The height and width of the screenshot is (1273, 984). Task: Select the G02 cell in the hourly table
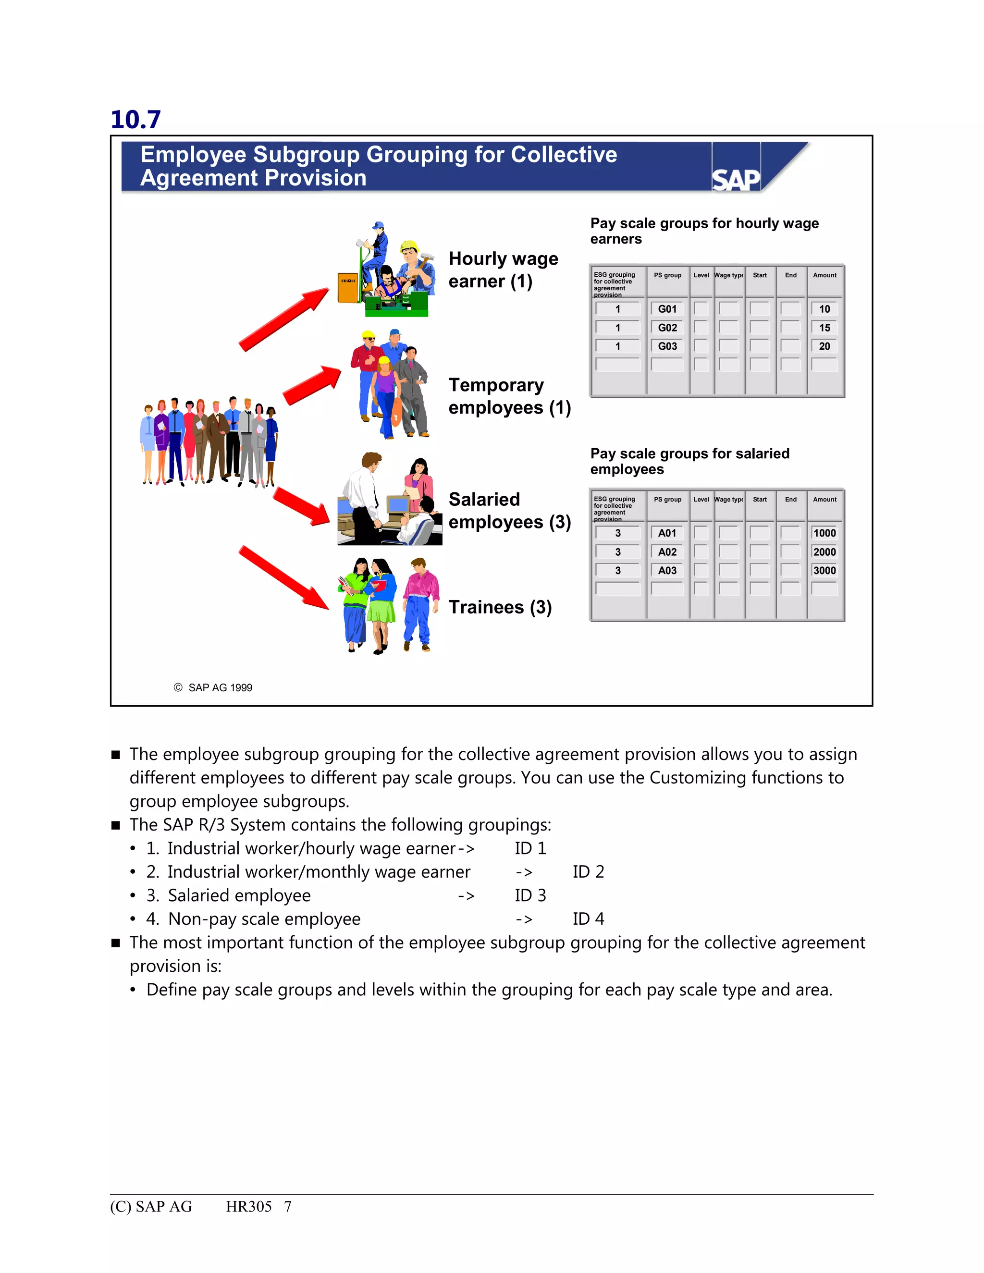pyautogui.click(x=667, y=328)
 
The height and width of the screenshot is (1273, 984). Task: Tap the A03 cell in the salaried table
pyautogui.click(x=667, y=571)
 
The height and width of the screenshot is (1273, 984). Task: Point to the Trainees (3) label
pyautogui.click(x=500, y=607)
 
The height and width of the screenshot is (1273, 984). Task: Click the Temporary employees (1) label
pyautogui.click(x=509, y=396)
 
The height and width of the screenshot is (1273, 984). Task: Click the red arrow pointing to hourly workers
pyautogui.click(x=284, y=319)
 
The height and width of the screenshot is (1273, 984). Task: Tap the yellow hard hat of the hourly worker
pyautogui.click(x=409, y=245)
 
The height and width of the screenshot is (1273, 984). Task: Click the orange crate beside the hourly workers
pyautogui.click(x=348, y=287)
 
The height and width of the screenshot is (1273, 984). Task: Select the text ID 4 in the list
pyautogui.click(x=588, y=919)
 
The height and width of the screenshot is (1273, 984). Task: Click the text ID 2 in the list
pyautogui.click(x=588, y=872)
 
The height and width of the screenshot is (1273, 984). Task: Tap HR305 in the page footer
pyautogui.click(x=248, y=1207)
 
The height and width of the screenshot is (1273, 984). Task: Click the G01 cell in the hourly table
pyautogui.click(x=667, y=309)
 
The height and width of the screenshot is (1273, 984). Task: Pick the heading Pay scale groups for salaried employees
pyautogui.click(x=689, y=461)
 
